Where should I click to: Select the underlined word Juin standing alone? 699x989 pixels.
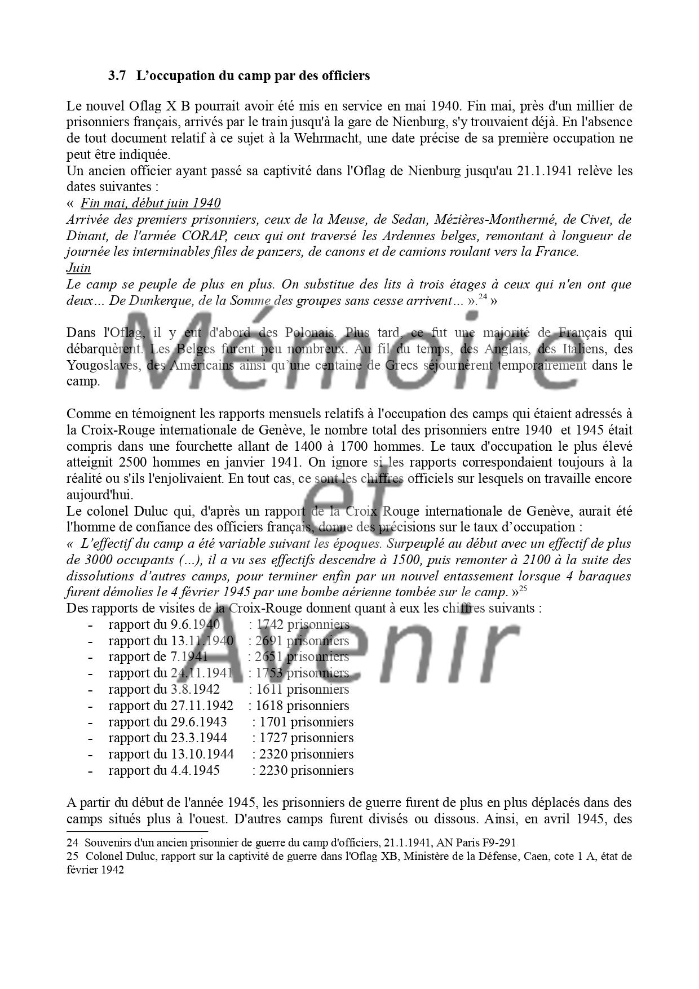pyautogui.click(x=78, y=268)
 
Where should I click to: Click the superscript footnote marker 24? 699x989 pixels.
pyautogui.click(x=483, y=298)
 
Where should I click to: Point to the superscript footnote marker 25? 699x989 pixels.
pyautogui.click(x=523, y=589)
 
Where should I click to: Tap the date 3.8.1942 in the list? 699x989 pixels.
pyautogui.click(x=194, y=689)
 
